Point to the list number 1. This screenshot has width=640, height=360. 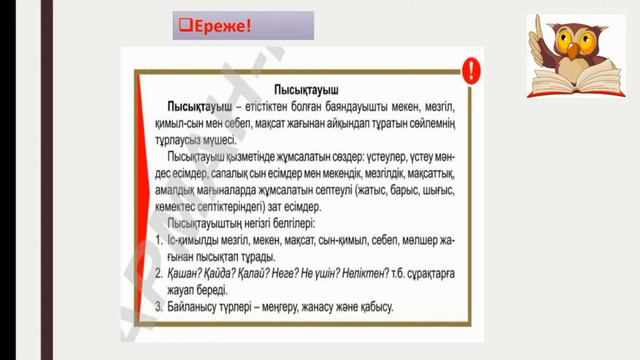click(161, 243)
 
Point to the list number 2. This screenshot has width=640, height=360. click(161, 274)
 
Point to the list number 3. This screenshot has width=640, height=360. click(161, 306)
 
